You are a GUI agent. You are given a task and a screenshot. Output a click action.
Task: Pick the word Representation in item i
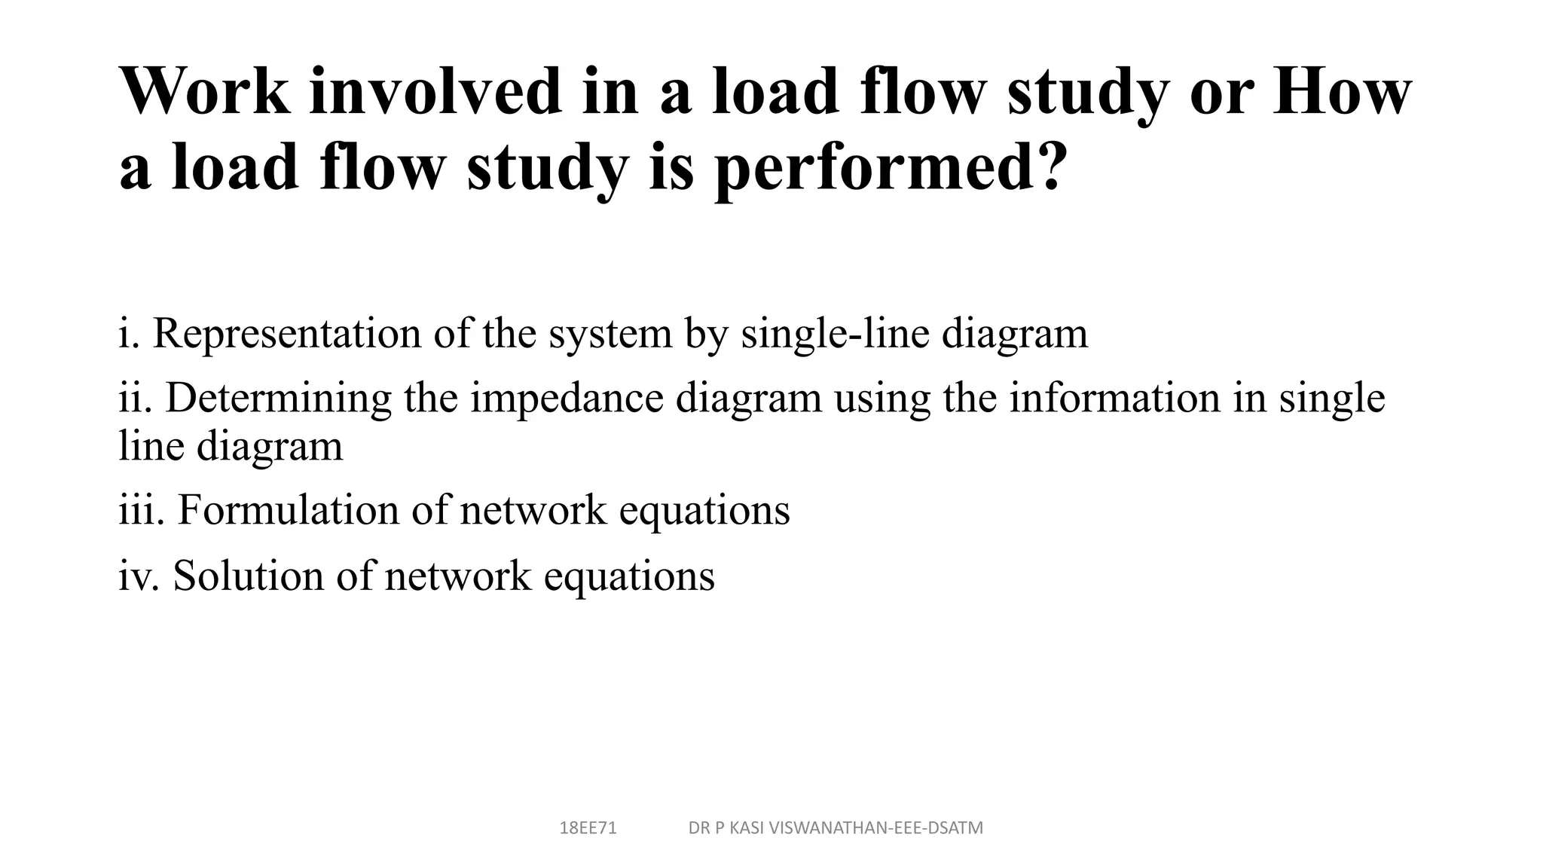(286, 333)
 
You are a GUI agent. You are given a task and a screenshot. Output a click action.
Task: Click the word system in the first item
(610, 333)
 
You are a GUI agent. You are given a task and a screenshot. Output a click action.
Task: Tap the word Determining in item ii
(278, 398)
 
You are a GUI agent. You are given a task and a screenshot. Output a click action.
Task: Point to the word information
(1114, 398)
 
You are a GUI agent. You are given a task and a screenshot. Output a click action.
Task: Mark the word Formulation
(288, 510)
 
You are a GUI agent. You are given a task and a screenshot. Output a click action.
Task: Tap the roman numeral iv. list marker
(139, 576)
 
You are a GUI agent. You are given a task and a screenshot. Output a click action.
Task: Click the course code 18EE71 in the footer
(588, 828)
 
